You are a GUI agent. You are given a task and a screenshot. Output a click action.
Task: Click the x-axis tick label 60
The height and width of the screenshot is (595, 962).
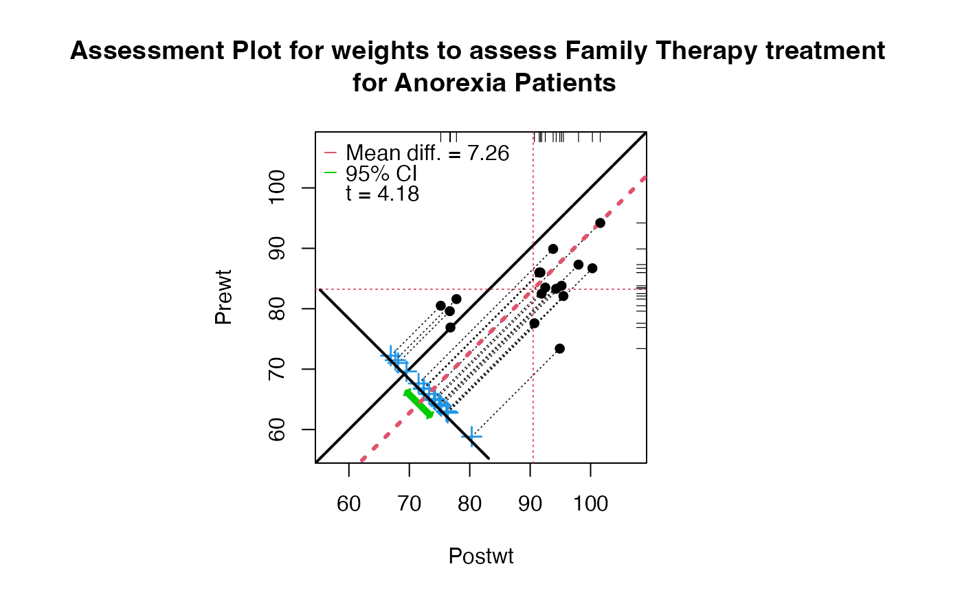pyautogui.click(x=349, y=504)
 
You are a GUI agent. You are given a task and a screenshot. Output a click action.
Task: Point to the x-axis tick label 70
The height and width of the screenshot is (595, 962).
pyautogui.click(x=410, y=504)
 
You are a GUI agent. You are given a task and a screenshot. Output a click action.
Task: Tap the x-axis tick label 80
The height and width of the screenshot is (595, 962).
pyautogui.click(x=470, y=504)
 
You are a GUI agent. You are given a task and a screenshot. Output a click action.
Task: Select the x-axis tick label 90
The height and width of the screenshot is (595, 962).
pyautogui.click(x=530, y=504)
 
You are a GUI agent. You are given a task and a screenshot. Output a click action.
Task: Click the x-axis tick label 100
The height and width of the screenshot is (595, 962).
pyautogui.click(x=591, y=504)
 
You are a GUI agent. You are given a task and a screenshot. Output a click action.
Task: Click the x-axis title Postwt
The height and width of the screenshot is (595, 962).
pyautogui.click(x=481, y=556)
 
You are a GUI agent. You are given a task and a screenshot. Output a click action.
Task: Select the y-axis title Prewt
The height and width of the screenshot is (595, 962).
pyautogui.click(x=223, y=297)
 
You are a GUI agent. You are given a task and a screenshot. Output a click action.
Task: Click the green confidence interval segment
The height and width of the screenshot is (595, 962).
pyautogui.click(x=418, y=404)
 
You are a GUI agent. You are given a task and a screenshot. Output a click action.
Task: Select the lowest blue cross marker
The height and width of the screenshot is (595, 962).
pyautogui.click(x=471, y=436)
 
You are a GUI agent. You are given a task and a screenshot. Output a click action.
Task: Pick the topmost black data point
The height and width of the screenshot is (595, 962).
pyautogui.click(x=600, y=223)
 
